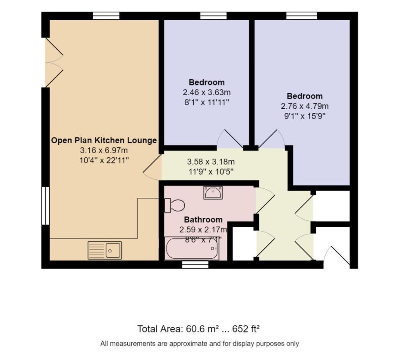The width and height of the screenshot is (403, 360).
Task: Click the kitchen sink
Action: (105, 250)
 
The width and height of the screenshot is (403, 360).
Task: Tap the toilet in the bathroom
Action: (175, 205)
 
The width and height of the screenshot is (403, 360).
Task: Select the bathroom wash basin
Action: (213, 193)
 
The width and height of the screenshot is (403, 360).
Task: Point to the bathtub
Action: (192, 249)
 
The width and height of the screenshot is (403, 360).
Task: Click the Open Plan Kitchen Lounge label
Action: (104, 141)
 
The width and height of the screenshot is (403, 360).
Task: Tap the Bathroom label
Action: (203, 220)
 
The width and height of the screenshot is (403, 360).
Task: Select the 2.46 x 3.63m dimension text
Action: (207, 92)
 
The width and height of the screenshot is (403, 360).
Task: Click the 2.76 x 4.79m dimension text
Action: (305, 106)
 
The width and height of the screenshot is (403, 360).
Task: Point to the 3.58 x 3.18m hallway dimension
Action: (211, 162)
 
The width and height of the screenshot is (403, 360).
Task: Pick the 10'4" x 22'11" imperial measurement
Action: (104, 160)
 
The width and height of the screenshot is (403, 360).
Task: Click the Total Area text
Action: (198, 329)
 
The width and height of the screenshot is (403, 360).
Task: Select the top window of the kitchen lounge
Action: (106, 16)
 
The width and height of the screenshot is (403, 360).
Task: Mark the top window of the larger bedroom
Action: (302, 16)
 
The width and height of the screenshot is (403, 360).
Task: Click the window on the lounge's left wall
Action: (45, 206)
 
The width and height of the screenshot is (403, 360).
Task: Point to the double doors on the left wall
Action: (54, 63)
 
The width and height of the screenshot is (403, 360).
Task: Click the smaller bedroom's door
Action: (230, 139)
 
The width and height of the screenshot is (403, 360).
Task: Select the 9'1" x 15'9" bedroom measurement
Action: (305, 116)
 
